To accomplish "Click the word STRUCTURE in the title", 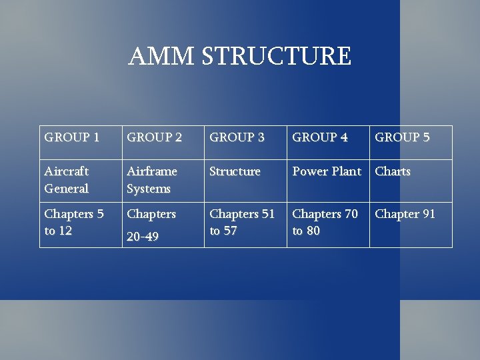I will click(276, 57).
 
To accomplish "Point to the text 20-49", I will click(143, 237).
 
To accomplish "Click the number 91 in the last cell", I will click(427, 214).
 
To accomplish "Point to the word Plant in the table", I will click(346, 171).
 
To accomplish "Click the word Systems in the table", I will click(149, 189).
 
